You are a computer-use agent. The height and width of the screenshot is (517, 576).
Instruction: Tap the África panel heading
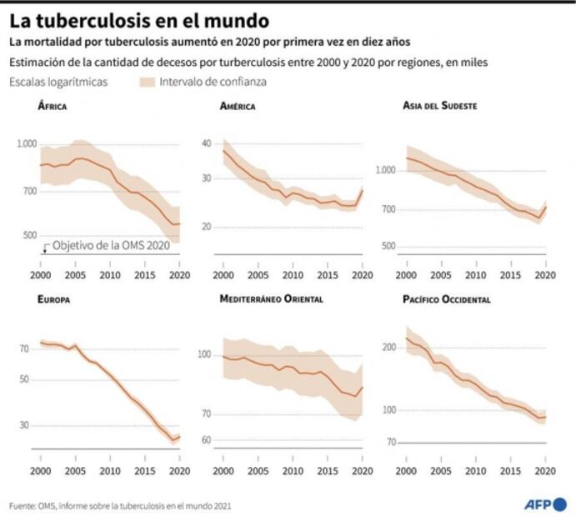pyautogui.click(x=53, y=107)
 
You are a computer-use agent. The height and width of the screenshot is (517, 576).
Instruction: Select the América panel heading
pyautogui.click(x=238, y=107)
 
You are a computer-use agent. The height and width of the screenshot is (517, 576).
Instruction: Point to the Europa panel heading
pyautogui.click(x=55, y=299)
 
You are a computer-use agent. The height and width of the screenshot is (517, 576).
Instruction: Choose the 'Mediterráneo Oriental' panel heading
pyautogui.click(x=271, y=299)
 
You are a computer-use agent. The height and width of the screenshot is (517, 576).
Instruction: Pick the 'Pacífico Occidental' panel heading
pyautogui.click(x=447, y=299)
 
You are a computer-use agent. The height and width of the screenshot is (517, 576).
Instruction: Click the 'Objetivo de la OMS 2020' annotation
pyautogui.click(x=110, y=246)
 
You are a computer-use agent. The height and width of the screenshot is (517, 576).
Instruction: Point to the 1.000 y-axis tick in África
pyautogui.click(x=27, y=144)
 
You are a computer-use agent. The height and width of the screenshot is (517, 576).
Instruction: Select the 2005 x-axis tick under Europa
pyautogui.click(x=75, y=470)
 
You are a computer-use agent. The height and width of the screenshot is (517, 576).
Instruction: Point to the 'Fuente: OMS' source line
pyautogui.click(x=120, y=505)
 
